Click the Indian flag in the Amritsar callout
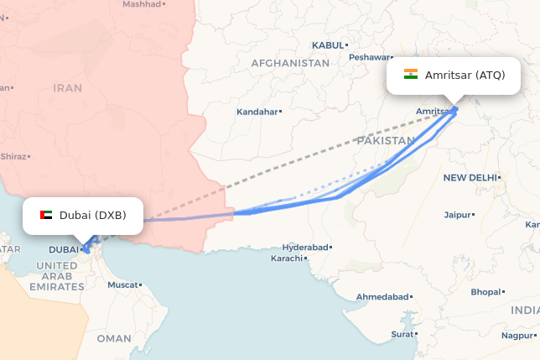pos(411,75)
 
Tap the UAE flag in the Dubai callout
pos(46,215)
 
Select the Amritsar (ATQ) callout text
pos(465,76)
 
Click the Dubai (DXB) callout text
pos(92,215)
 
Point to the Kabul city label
pos(328,44)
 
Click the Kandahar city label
pos(257,111)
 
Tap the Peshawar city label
pos(370,57)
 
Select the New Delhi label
pos(470,177)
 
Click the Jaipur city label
pos(457,215)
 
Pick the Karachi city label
pos(285,258)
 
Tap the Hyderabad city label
pos(305,248)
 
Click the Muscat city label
pos(123,284)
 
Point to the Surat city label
pos(402,334)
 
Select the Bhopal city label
pos(485,292)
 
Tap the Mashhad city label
pos(141,4)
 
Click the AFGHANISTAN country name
pos(290,63)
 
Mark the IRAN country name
pos(68,87)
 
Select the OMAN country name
pos(114,338)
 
